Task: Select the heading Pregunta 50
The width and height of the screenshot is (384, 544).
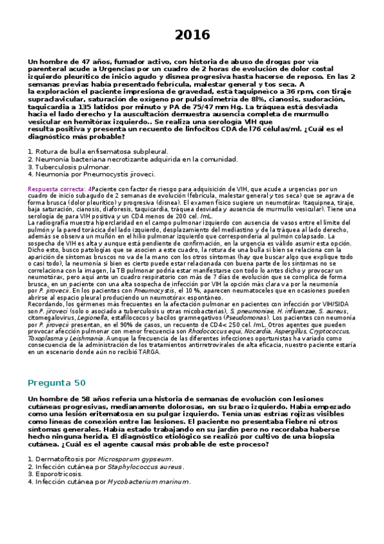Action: (56, 383)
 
